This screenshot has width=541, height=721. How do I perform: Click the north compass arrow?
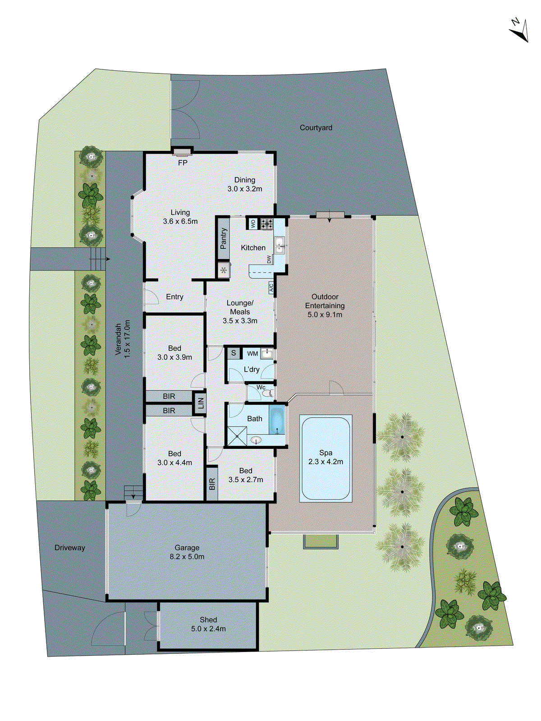click(x=519, y=31)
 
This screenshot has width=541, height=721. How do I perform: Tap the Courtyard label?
click(x=316, y=128)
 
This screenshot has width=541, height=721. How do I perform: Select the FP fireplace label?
click(x=183, y=163)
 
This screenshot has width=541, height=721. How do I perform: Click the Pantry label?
click(x=224, y=238)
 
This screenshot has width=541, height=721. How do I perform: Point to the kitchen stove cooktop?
click(x=267, y=223)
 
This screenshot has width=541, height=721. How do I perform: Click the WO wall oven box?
click(x=253, y=223)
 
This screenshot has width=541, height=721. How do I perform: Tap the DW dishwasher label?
click(x=269, y=260)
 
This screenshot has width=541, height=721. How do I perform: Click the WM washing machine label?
click(x=252, y=354)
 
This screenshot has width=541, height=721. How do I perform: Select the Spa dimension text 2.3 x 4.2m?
click(x=326, y=462)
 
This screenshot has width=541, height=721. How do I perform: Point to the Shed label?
click(x=208, y=620)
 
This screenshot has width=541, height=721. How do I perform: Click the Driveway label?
click(x=69, y=548)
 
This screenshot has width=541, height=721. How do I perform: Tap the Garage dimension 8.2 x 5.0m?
click(x=187, y=557)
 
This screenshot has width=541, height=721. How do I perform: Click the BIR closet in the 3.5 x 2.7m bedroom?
click(x=212, y=484)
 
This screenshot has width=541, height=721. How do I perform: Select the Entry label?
click(x=174, y=297)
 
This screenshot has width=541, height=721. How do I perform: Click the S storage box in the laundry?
click(x=234, y=353)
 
